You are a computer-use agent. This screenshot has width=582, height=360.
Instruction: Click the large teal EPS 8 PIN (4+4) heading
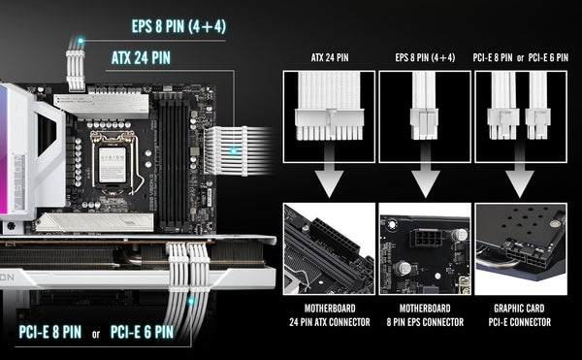[178, 26]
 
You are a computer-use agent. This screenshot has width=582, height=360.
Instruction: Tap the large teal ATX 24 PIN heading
[141, 58]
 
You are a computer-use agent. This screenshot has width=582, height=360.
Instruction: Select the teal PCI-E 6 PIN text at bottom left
[143, 332]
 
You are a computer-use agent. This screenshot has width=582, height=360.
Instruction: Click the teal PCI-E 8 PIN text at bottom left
[50, 332]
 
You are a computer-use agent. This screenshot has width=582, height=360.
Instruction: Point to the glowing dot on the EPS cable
[81, 41]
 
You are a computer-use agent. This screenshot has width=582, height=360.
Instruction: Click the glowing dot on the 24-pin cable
[233, 151]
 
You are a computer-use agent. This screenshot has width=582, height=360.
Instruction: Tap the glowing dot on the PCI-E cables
[191, 301]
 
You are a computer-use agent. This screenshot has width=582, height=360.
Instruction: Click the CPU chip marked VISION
[113, 165]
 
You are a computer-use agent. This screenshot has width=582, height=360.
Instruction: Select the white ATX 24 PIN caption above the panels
[330, 57]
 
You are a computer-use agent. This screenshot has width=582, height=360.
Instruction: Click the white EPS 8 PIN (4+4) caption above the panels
[425, 57]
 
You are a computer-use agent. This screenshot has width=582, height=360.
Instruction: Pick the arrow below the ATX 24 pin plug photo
[329, 171]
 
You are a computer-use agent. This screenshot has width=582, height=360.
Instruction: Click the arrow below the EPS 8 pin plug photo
[426, 171]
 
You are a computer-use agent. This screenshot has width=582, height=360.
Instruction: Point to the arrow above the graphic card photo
[520, 171]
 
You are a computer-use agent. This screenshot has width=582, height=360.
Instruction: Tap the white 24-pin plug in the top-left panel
[329, 124]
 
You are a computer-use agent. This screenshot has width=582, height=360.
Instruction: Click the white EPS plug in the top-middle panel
[424, 123]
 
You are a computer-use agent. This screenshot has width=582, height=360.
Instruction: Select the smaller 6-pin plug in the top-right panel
[537, 123]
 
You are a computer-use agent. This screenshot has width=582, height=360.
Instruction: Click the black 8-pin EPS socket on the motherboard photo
[427, 238]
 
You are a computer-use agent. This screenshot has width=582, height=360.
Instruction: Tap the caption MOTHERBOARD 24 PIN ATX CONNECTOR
[330, 315]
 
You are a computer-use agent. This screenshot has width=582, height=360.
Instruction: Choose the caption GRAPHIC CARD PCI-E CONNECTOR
[520, 315]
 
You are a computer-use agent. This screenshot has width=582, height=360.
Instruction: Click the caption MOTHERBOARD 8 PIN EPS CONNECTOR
[425, 315]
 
